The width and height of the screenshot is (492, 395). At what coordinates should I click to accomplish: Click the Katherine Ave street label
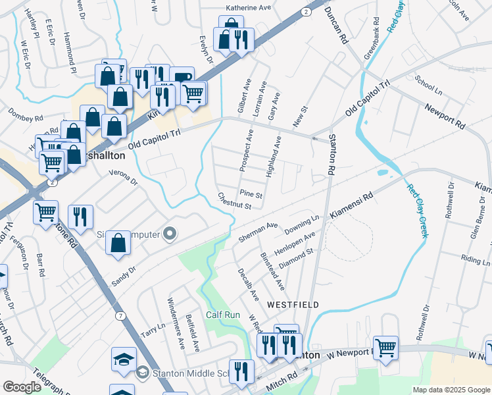click(x=249, y=8)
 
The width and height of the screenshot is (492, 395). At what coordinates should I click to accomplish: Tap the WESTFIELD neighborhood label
click(x=293, y=305)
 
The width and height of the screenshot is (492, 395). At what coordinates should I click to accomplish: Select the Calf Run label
click(x=223, y=315)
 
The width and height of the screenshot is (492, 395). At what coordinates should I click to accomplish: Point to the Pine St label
click(x=251, y=195)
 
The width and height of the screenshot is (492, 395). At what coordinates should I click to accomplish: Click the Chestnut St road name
click(x=235, y=201)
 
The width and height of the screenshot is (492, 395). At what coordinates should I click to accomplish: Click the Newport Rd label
click(x=445, y=117)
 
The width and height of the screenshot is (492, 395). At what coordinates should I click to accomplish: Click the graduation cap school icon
click(x=124, y=359)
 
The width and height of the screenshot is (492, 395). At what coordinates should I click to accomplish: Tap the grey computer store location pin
click(x=170, y=234)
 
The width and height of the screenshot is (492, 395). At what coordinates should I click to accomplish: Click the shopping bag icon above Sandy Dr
click(x=118, y=242)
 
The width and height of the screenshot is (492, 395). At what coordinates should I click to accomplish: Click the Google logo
click(x=22, y=387)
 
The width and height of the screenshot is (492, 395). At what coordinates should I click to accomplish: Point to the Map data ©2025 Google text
click(x=451, y=390)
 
